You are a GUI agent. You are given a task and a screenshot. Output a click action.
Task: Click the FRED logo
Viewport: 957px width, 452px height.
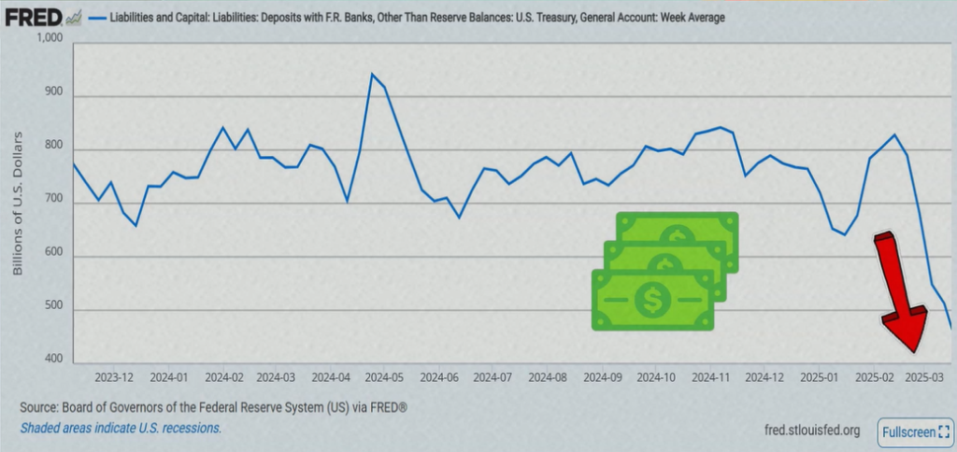tap(36, 18)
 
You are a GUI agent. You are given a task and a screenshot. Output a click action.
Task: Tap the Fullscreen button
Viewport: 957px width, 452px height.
tap(914, 432)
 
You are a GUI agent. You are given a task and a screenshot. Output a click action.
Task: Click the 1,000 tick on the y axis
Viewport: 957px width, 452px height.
tap(48, 39)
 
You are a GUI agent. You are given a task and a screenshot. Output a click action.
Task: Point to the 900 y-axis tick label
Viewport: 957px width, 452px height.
tap(54, 95)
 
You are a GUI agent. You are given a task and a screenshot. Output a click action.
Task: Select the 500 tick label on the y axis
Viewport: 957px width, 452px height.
tap(54, 310)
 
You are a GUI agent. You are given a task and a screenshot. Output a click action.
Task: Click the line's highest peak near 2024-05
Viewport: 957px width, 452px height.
tap(372, 74)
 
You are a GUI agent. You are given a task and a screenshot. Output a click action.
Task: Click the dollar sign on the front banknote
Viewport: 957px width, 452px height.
tap(650, 300)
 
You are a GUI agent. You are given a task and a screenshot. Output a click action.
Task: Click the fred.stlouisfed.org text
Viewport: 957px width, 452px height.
tap(811, 430)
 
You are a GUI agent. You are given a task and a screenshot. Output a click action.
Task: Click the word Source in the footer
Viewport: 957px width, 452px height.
tap(40, 409)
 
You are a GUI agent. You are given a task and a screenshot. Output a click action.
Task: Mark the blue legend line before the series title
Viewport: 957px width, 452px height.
tap(96, 18)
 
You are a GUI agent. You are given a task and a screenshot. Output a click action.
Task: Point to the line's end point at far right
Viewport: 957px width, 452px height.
tap(951, 327)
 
